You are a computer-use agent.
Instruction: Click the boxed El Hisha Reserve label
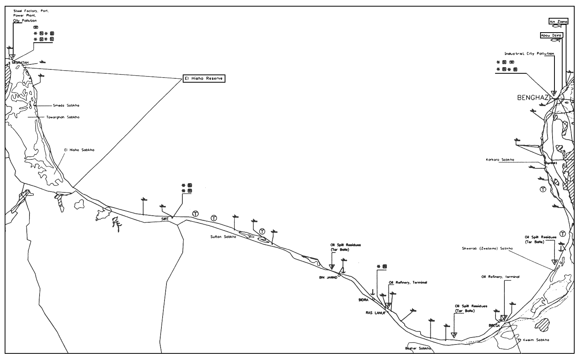tap(204, 79)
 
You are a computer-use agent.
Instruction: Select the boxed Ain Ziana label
tap(558, 22)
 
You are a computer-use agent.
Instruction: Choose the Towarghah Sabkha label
tap(63, 117)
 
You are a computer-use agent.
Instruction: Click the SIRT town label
tap(166, 219)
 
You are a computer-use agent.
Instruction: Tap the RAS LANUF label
tap(375, 313)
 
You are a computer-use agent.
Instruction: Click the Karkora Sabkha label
tap(500, 160)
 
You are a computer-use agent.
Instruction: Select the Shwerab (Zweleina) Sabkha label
tap(487, 249)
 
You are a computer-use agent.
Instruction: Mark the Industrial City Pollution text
tap(529, 54)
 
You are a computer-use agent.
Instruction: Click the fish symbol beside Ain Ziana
tap(556, 27)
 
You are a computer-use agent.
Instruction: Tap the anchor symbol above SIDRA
tap(373, 292)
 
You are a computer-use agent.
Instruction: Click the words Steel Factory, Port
tap(31, 11)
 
